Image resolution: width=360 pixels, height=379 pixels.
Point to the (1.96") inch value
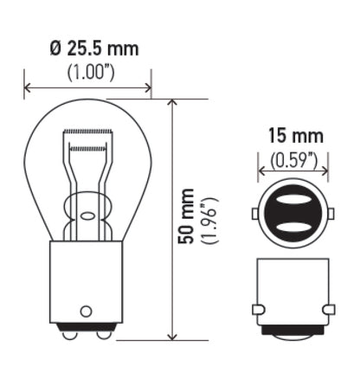[209, 220]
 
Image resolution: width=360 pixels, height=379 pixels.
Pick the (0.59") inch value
[293, 159]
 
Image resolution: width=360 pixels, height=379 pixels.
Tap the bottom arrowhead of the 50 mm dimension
[173, 337]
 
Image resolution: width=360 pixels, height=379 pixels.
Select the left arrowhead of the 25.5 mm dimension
[29, 87]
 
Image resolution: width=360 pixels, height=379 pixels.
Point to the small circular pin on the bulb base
[86, 310]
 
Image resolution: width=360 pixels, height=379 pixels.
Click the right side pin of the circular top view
[333, 214]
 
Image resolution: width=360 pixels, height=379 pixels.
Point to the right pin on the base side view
[332, 309]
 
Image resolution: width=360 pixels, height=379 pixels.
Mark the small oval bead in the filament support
[87, 207]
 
